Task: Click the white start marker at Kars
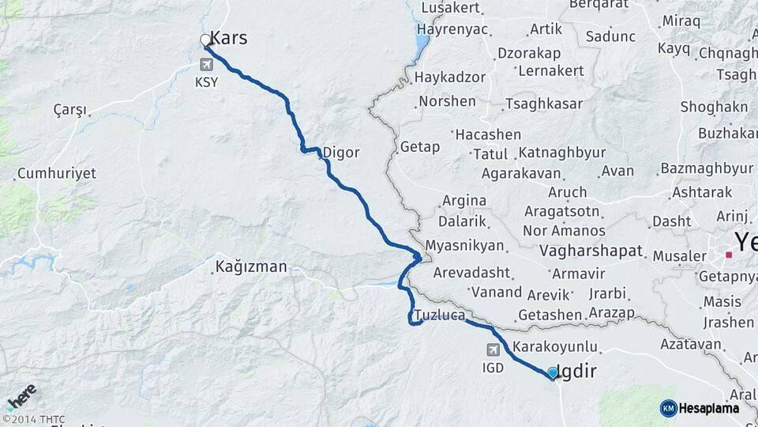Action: [x=205, y=40]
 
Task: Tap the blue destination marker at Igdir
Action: [x=552, y=372]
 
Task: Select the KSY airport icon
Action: [x=208, y=64]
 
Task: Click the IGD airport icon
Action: [x=493, y=350]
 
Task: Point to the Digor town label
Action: [x=341, y=153]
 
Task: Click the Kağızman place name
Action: [x=251, y=267]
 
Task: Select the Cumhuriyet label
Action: [x=56, y=173]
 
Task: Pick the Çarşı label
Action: [x=69, y=109]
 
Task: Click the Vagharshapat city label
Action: [x=592, y=252]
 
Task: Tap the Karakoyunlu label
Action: [x=555, y=347]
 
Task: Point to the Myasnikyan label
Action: [x=464, y=246]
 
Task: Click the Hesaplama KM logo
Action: [x=700, y=408]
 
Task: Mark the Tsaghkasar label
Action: [x=545, y=104]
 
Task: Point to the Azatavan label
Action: [x=692, y=344]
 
